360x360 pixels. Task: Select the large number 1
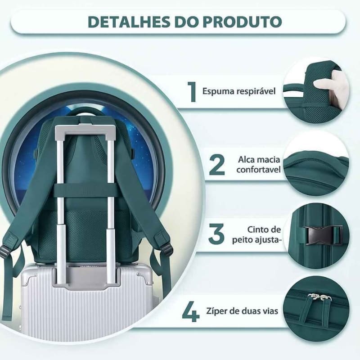tap(193, 91)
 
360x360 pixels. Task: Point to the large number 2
tap(217, 164)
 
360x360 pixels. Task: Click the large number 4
tap(191, 311)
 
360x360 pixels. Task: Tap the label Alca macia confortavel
tap(258, 165)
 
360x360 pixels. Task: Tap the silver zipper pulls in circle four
tap(313, 297)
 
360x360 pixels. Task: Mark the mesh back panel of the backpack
tap(85, 229)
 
